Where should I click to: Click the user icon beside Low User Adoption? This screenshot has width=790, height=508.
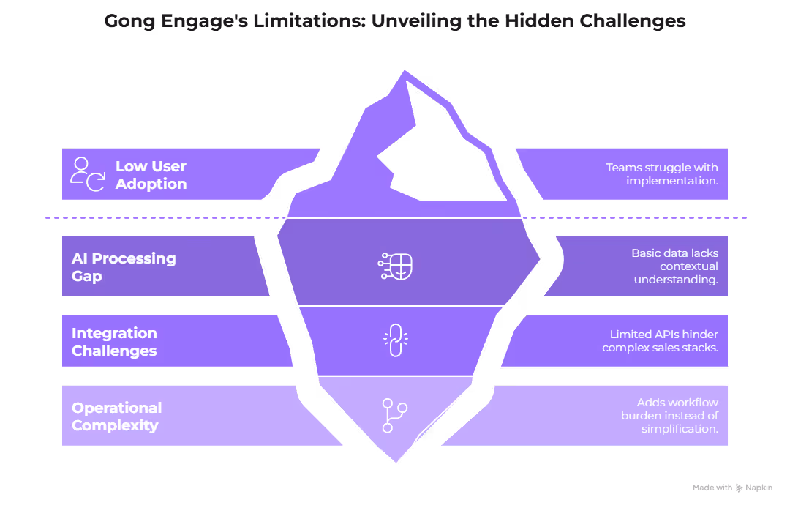(x=87, y=174)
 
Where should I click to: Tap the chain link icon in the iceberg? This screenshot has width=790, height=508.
(x=396, y=340)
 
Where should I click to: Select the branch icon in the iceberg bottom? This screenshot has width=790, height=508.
(x=396, y=414)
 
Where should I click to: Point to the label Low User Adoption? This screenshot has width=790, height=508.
(x=151, y=175)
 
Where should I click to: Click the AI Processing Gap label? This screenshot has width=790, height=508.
(x=124, y=267)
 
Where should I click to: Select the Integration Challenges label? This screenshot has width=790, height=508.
(x=114, y=342)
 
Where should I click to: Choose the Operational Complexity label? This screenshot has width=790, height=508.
(x=116, y=416)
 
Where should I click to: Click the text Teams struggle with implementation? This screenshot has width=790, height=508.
(x=661, y=174)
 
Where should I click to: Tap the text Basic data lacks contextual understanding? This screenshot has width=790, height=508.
(x=674, y=266)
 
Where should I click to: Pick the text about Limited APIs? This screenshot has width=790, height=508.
(x=660, y=341)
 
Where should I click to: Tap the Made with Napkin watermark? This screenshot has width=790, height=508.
(x=731, y=488)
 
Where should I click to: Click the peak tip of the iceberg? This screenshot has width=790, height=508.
(x=402, y=71)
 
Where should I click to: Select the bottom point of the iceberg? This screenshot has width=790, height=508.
(x=396, y=461)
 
